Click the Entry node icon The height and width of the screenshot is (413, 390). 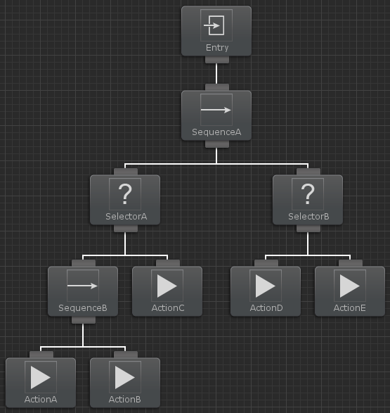(x=214, y=25)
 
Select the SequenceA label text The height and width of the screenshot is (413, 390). (x=216, y=132)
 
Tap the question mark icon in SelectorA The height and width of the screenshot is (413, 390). (x=125, y=194)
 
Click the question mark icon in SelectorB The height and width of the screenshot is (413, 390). (x=308, y=194)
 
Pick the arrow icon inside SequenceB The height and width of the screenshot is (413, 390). (x=83, y=286)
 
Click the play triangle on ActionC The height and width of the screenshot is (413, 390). (x=167, y=286)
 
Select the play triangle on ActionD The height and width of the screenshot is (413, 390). (x=266, y=286)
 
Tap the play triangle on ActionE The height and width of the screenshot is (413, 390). (x=350, y=286)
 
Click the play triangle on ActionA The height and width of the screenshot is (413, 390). (x=41, y=377)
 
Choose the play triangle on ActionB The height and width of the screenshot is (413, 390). (x=125, y=377)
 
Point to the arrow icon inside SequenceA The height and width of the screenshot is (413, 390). (x=216, y=110)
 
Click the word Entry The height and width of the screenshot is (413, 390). (x=217, y=48)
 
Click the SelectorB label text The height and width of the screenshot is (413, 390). (x=308, y=217)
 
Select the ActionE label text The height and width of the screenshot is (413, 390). (x=349, y=308)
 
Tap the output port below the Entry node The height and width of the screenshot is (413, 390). (x=217, y=60)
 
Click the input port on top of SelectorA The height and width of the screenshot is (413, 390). (x=126, y=172)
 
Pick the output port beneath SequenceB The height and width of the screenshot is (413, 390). (x=84, y=320)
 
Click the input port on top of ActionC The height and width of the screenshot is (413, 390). (x=168, y=263)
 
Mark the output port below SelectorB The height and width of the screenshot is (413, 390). (x=308, y=229)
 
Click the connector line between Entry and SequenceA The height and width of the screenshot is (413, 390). (x=216, y=73)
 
